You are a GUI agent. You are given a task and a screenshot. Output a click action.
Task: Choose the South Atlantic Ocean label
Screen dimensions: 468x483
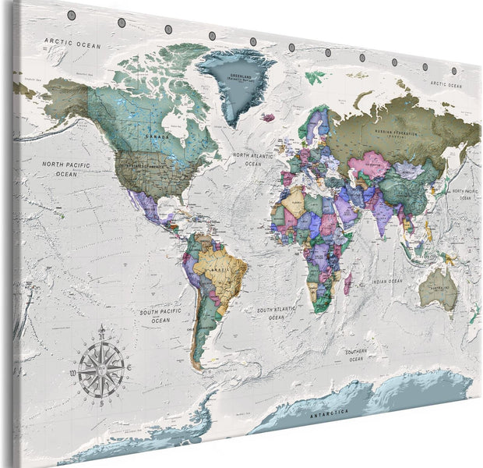tap(275, 314)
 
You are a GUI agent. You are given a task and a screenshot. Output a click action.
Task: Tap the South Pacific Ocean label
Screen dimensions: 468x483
tap(160, 316)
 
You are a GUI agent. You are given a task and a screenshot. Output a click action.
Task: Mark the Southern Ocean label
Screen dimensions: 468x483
tap(357, 355)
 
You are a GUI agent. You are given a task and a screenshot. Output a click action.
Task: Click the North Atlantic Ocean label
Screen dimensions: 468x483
tap(252, 159)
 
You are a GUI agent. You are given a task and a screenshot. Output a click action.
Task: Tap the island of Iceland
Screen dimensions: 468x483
tap(268, 118)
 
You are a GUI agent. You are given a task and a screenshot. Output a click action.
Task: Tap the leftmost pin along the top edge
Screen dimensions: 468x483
tap(72, 15)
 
